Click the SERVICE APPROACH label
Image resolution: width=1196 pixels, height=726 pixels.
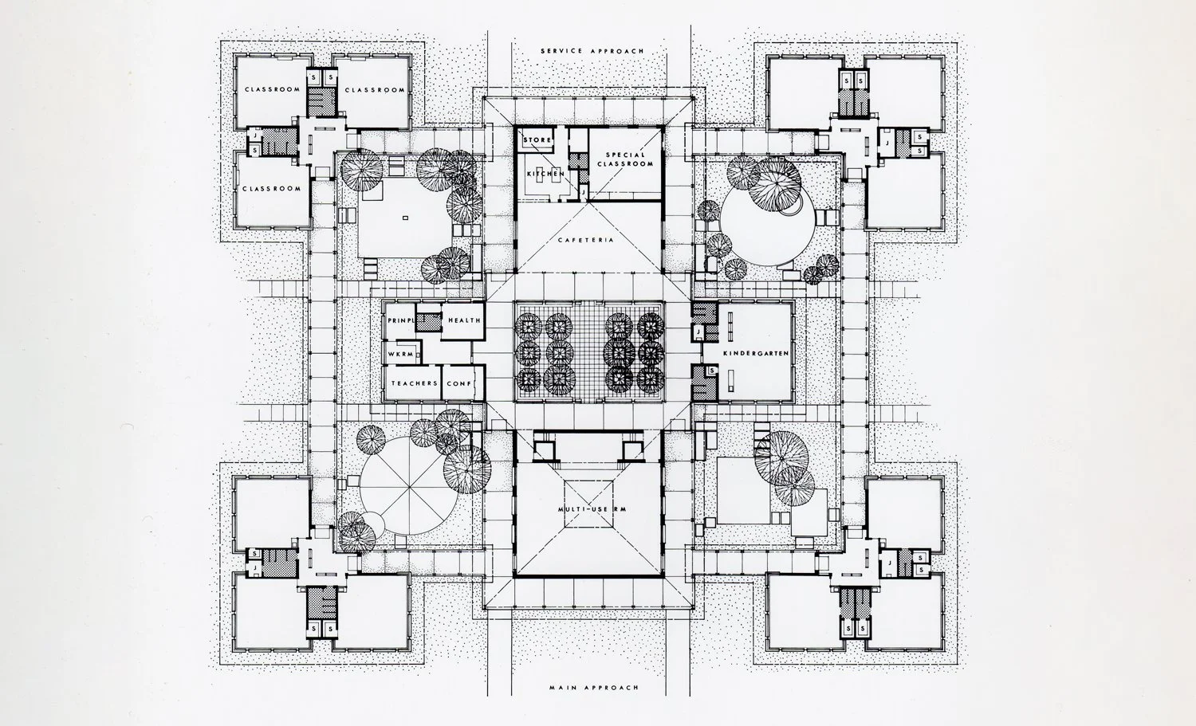coord(591,51)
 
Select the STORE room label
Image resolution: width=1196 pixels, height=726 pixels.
coord(537,140)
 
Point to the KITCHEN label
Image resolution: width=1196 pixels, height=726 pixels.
coord(545,173)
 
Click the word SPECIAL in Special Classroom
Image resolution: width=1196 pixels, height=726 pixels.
coord(624,155)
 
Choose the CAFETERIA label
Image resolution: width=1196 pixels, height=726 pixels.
coord(591,240)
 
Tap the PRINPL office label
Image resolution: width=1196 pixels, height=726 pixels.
coord(401,320)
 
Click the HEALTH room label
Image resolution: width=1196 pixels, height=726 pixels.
coord(463,320)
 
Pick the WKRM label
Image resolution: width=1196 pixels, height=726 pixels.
coord(399,352)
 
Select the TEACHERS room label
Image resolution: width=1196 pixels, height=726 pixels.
coord(414,383)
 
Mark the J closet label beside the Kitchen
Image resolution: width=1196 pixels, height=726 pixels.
coord(583,191)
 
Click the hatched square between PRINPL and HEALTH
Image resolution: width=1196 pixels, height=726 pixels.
coord(431,320)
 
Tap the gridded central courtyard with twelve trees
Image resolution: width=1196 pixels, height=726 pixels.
coord(590,351)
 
